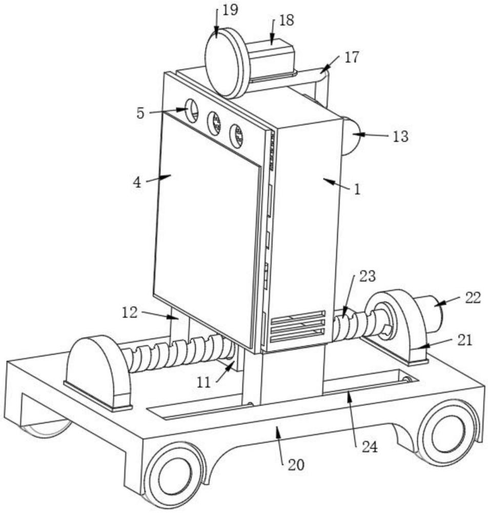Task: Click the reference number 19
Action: click(x=230, y=10)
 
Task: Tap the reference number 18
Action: click(x=287, y=21)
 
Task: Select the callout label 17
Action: click(x=352, y=57)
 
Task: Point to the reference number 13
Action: click(x=401, y=136)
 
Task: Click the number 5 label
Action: click(x=140, y=113)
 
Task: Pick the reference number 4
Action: click(x=137, y=183)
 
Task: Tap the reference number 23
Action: click(x=368, y=277)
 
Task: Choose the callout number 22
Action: click(x=473, y=298)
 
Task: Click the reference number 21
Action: click(x=465, y=340)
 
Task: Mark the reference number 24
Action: click(x=370, y=447)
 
